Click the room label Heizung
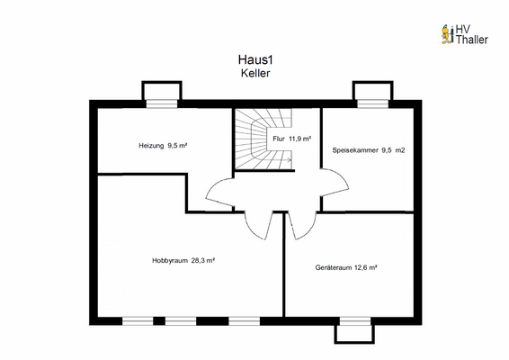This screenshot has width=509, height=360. point(151,144)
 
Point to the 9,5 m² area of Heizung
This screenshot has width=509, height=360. point(176,144)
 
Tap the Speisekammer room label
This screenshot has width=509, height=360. point(354,150)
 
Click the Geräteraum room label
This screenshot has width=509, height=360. point(334,267)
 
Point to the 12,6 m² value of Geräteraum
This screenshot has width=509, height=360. point(365,267)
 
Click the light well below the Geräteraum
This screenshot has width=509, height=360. point(354,332)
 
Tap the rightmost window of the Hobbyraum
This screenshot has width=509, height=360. point(243,320)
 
